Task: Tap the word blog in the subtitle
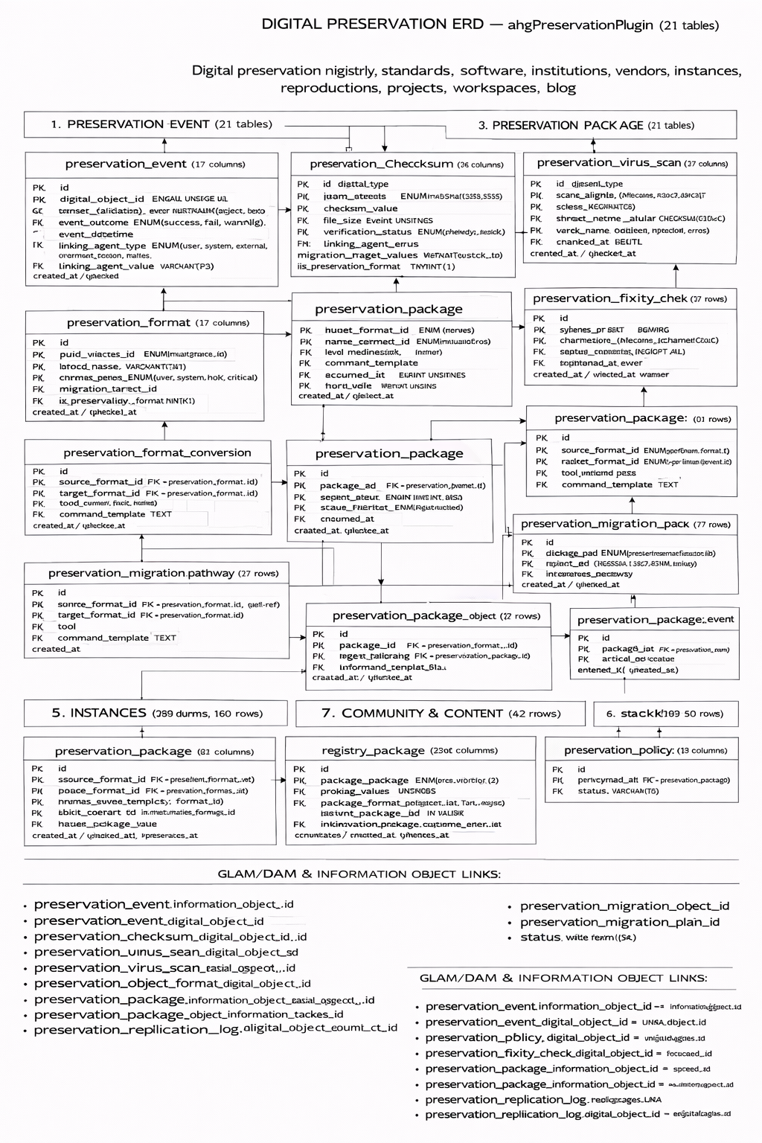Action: click(561, 88)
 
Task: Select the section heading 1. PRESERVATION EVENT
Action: click(161, 124)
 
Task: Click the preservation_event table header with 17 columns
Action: click(155, 164)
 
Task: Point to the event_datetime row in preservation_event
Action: click(96, 234)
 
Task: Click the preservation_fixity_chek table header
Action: click(630, 298)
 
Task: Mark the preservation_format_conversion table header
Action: click(157, 452)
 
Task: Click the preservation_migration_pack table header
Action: click(625, 524)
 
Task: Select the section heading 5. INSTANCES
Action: click(156, 713)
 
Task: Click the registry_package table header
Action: click(409, 750)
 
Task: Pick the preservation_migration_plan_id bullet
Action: click(619, 922)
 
